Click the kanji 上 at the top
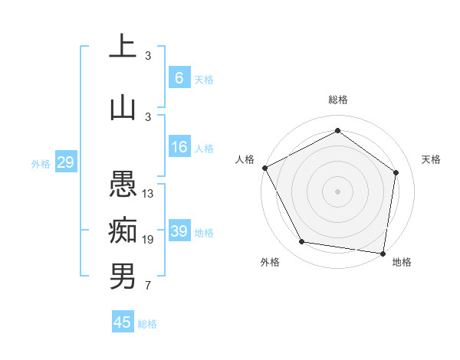coord(123,47)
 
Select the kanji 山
coord(123,106)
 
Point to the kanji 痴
coord(123,230)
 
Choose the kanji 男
coord(123,276)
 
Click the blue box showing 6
coord(179,78)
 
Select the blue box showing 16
coord(179,147)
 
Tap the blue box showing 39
coord(179,231)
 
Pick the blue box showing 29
coord(65,162)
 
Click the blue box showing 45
coord(123,322)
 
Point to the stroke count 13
coord(149,194)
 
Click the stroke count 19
coord(149,240)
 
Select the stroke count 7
coord(148,286)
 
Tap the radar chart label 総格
coord(338,100)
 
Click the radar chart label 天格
coord(432,159)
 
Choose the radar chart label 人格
coord(245,159)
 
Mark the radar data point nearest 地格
coord(383,253)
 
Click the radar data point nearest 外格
coord(302,242)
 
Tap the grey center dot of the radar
coord(338,191)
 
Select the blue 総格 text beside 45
coord(147,324)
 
